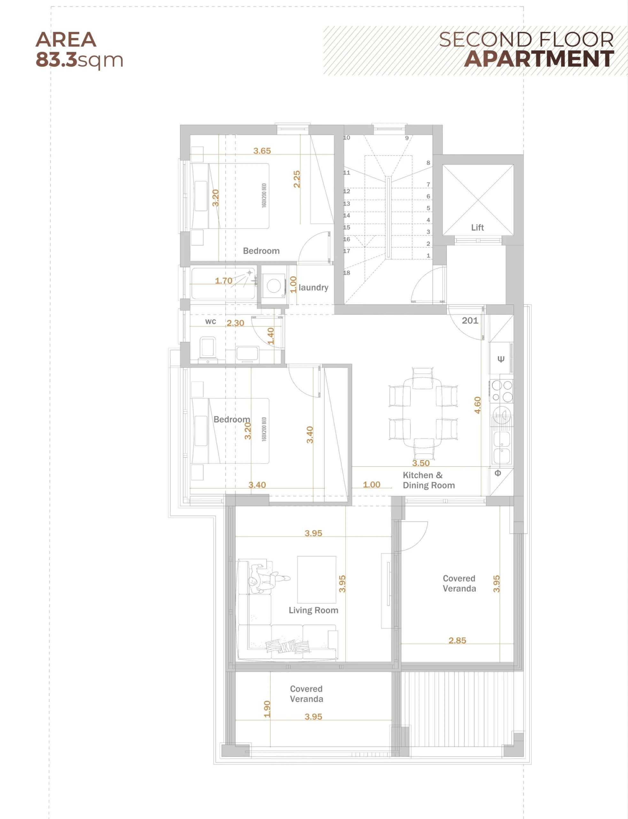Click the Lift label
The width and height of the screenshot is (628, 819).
[x=477, y=227]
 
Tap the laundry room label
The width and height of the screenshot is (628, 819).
[x=313, y=287]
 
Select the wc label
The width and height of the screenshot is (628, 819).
[x=211, y=322]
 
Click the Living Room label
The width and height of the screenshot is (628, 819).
[x=313, y=610]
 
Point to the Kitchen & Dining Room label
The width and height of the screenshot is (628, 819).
[x=429, y=480]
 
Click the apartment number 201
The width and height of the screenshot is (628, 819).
[x=470, y=320]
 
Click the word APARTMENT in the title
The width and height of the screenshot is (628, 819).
[x=539, y=59]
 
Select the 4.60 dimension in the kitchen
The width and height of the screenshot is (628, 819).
[x=477, y=405]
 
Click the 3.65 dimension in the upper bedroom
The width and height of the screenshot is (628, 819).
[x=262, y=151]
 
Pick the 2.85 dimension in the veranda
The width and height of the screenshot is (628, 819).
[x=457, y=640]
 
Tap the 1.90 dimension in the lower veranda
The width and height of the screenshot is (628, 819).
[x=267, y=709]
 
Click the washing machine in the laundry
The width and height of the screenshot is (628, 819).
[x=274, y=286]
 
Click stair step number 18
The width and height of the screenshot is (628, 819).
[x=346, y=273]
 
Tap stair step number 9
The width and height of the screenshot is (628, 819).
[x=407, y=138]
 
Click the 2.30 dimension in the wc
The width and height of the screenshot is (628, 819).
[x=235, y=323]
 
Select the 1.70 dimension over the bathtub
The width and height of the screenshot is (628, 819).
[x=223, y=281]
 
